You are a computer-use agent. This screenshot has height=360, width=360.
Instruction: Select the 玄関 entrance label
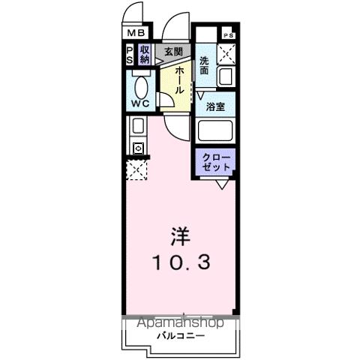pyautogui.click(x=173, y=52)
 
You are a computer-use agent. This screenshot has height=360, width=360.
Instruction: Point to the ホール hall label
pyautogui.click(x=180, y=79)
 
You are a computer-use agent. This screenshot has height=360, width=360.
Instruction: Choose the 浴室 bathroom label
pyautogui.click(x=216, y=106)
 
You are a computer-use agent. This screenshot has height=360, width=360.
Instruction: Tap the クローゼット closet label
pyautogui.click(x=216, y=161)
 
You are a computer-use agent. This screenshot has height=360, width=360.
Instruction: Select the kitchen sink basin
pyautogui.click(x=137, y=126)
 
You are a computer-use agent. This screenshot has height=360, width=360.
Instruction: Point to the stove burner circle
pyautogui.click(x=137, y=148)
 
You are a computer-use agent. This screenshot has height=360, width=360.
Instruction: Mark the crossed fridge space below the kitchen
pyautogui.click(x=136, y=169)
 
